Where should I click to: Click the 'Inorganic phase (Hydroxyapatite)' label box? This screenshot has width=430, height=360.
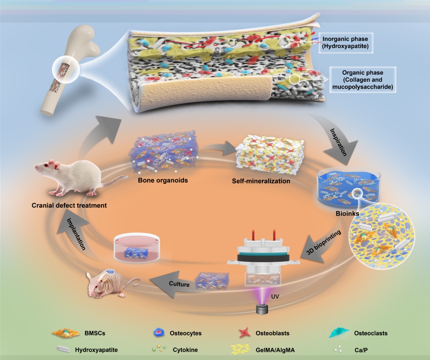coord(345,42)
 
